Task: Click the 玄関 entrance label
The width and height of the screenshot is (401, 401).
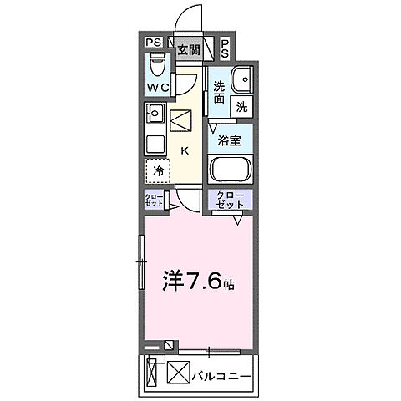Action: pos(188,49)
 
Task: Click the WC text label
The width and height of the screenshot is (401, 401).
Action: pos(160,87)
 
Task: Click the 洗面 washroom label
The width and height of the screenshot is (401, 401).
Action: pos(219,91)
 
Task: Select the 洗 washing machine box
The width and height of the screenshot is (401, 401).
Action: pos(241,106)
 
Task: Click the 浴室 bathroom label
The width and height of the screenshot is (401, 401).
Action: pos(230,140)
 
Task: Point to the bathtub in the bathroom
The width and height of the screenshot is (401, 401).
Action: pos(231,170)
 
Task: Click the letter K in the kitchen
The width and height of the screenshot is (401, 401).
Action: pos(185,150)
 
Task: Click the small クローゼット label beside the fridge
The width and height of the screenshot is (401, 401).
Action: pos(152,200)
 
